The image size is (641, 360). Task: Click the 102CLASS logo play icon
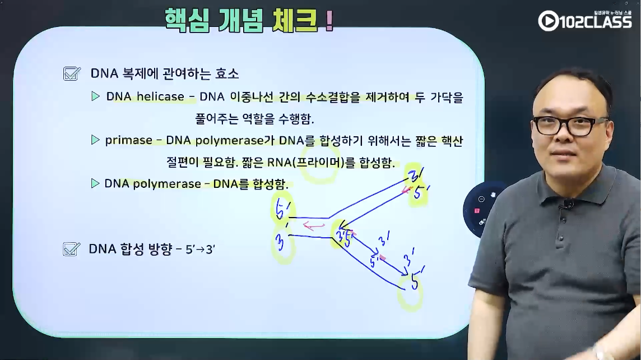point(548,21)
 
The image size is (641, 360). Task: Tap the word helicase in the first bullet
point(160,96)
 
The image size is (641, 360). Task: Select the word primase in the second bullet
point(128,140)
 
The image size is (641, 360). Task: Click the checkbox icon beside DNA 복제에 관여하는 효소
point(72,73)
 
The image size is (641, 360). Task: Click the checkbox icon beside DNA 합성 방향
point(71,249)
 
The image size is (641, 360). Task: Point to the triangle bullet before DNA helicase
point(95,96)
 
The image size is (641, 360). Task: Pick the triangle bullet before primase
point(95,140)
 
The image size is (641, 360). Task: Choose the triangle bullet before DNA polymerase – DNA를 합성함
point(95,183)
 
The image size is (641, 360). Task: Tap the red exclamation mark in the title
point(329,21)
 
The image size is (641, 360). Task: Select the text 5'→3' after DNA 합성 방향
point(201,249)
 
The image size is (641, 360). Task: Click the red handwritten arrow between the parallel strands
point(314,225)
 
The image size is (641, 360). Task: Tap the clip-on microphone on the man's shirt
point(568,203)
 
